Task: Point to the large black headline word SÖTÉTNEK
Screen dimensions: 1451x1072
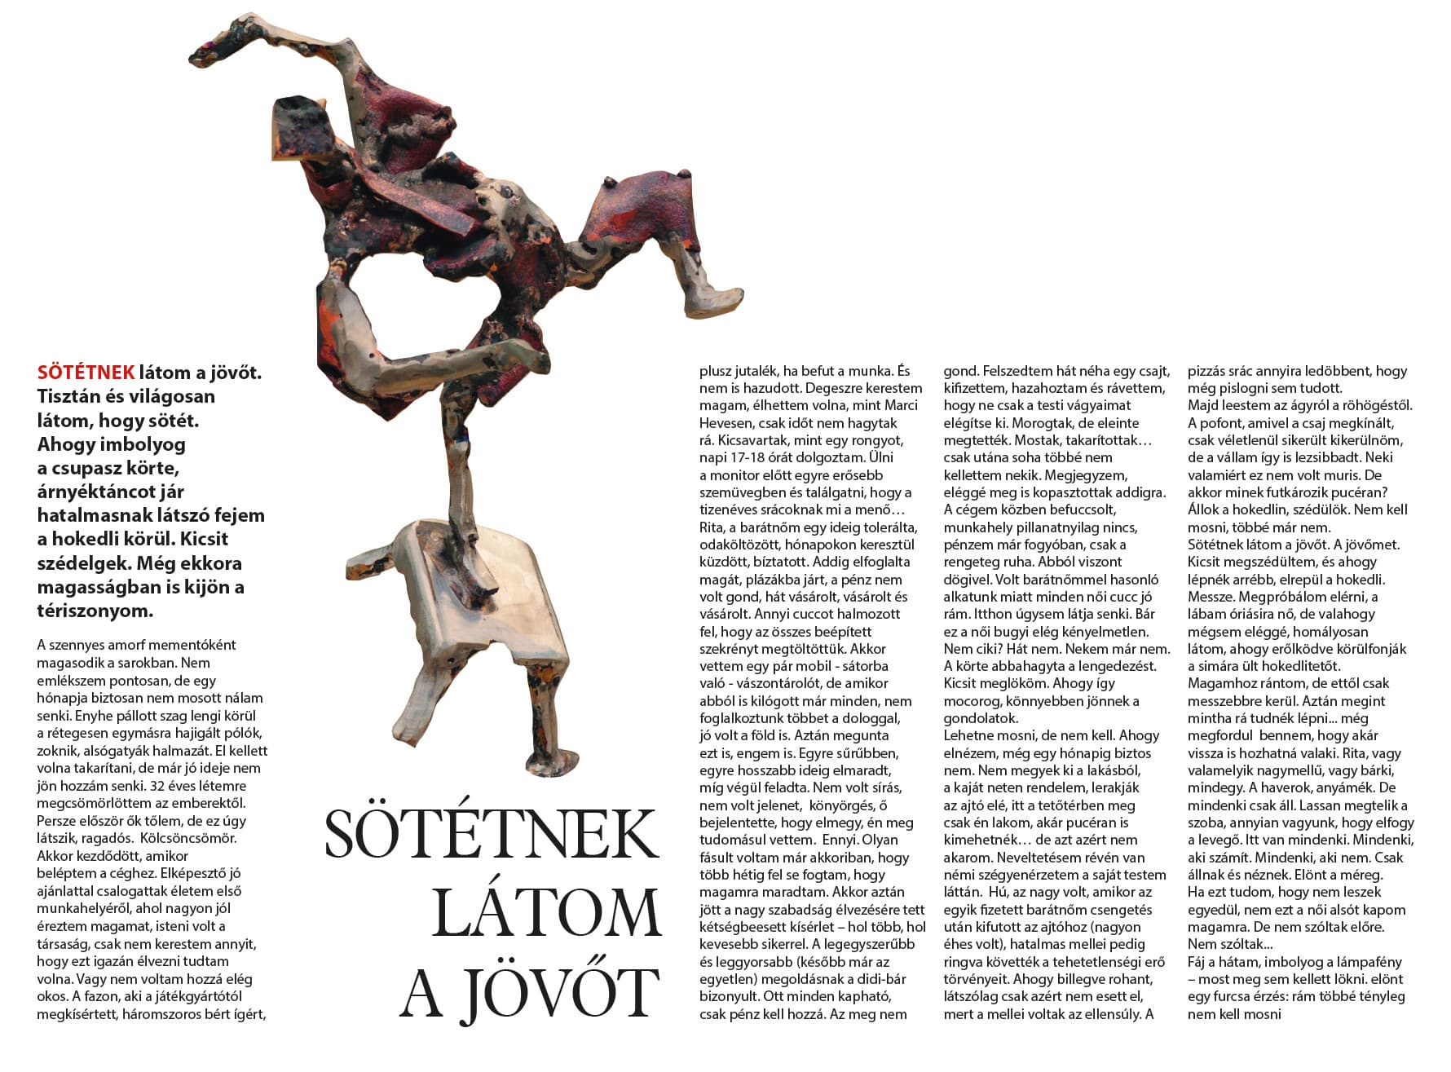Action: tap(491, 833)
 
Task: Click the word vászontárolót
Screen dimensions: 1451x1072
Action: tap(802, 684)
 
